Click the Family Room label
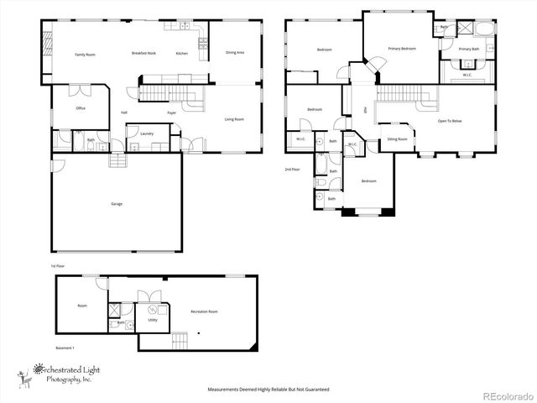(x=85, y=54)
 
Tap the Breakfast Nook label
(x=143, y=53)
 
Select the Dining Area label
(x=235, y=53)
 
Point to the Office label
(x=81, y=107)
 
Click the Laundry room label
(x=147, y=133)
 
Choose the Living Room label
(x=233, y=119)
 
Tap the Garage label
(x=117, y=203)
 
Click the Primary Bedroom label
(x=402, y=49)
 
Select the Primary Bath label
(x=469, y=50)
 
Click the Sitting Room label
(x=397, y=139)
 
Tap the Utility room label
(x=153, y=320)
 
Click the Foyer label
(x=171, y=112)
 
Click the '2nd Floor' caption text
(x=293, y=169)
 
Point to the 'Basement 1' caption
(x=66, y=348)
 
